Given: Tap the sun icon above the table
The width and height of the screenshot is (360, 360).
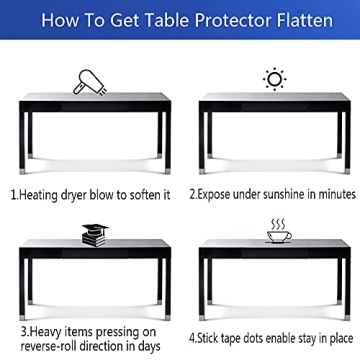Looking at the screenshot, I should [x=272, y=78].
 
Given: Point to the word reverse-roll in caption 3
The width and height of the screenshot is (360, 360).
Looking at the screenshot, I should [x=47, y=346].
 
